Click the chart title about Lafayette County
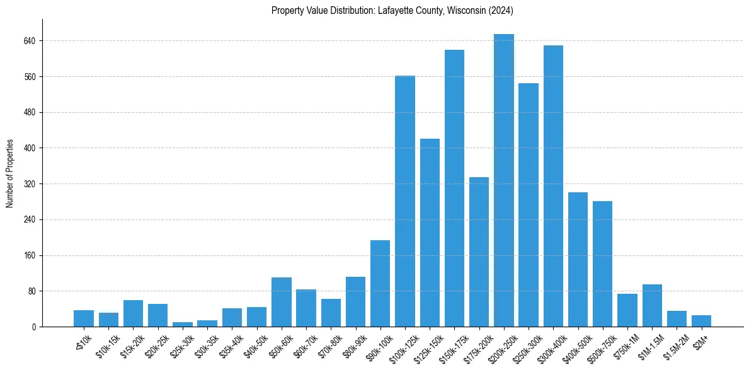point(392,11)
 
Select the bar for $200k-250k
point(504,180)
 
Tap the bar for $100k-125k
point(405,201)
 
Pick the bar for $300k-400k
point(553,186)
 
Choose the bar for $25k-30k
point(183,324)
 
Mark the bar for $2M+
point(701,321)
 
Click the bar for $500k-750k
point(603,264)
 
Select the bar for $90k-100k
point(380,284)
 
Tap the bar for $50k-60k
point(282,302)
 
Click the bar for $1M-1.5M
point(652,306)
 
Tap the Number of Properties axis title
point(10,173)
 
